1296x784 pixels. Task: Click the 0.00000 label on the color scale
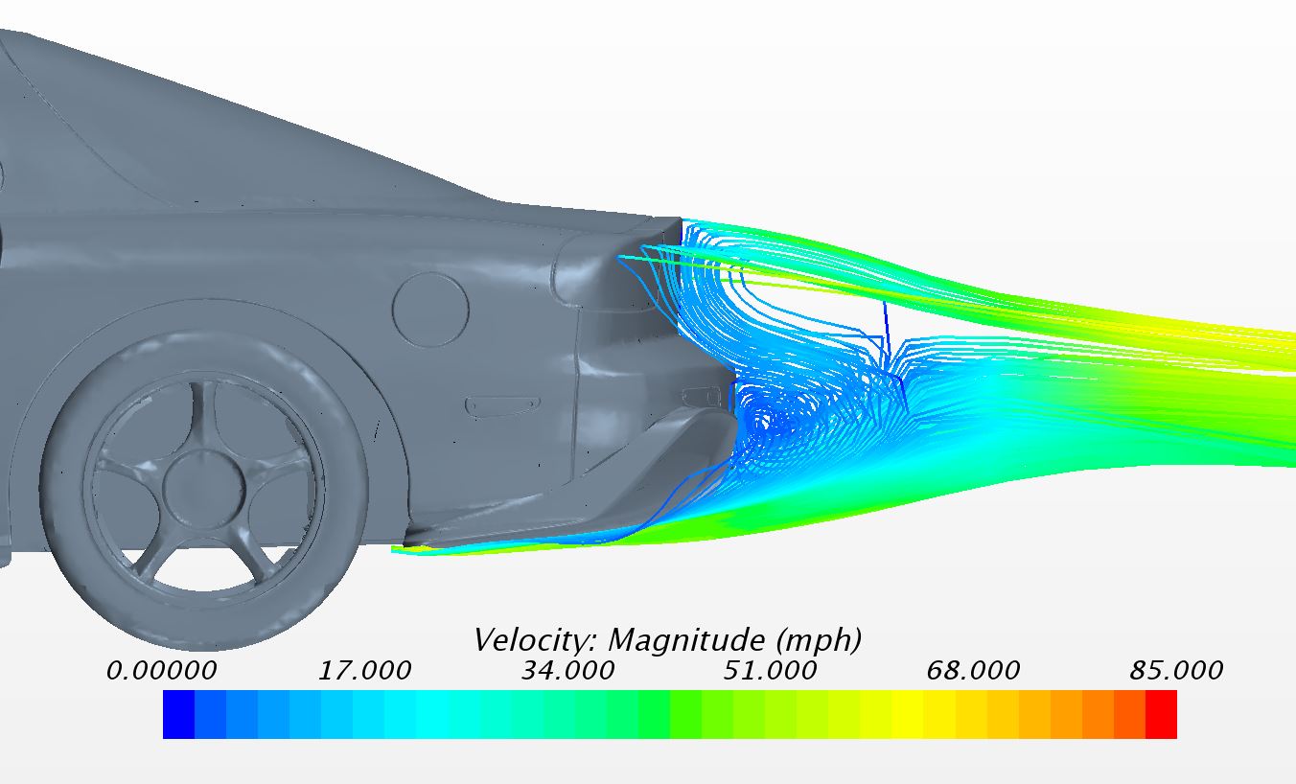click(161, 671)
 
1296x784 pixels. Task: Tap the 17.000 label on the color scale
click(364, 671)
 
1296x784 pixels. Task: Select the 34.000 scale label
click(567, 671)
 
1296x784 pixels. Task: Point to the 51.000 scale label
click(770, 671)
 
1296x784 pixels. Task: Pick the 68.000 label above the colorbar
click(973, 671)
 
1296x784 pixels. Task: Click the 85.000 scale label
click(1176, 671)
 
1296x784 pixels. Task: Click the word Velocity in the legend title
click(536, 640)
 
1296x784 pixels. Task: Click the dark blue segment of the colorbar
click(179, 714)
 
